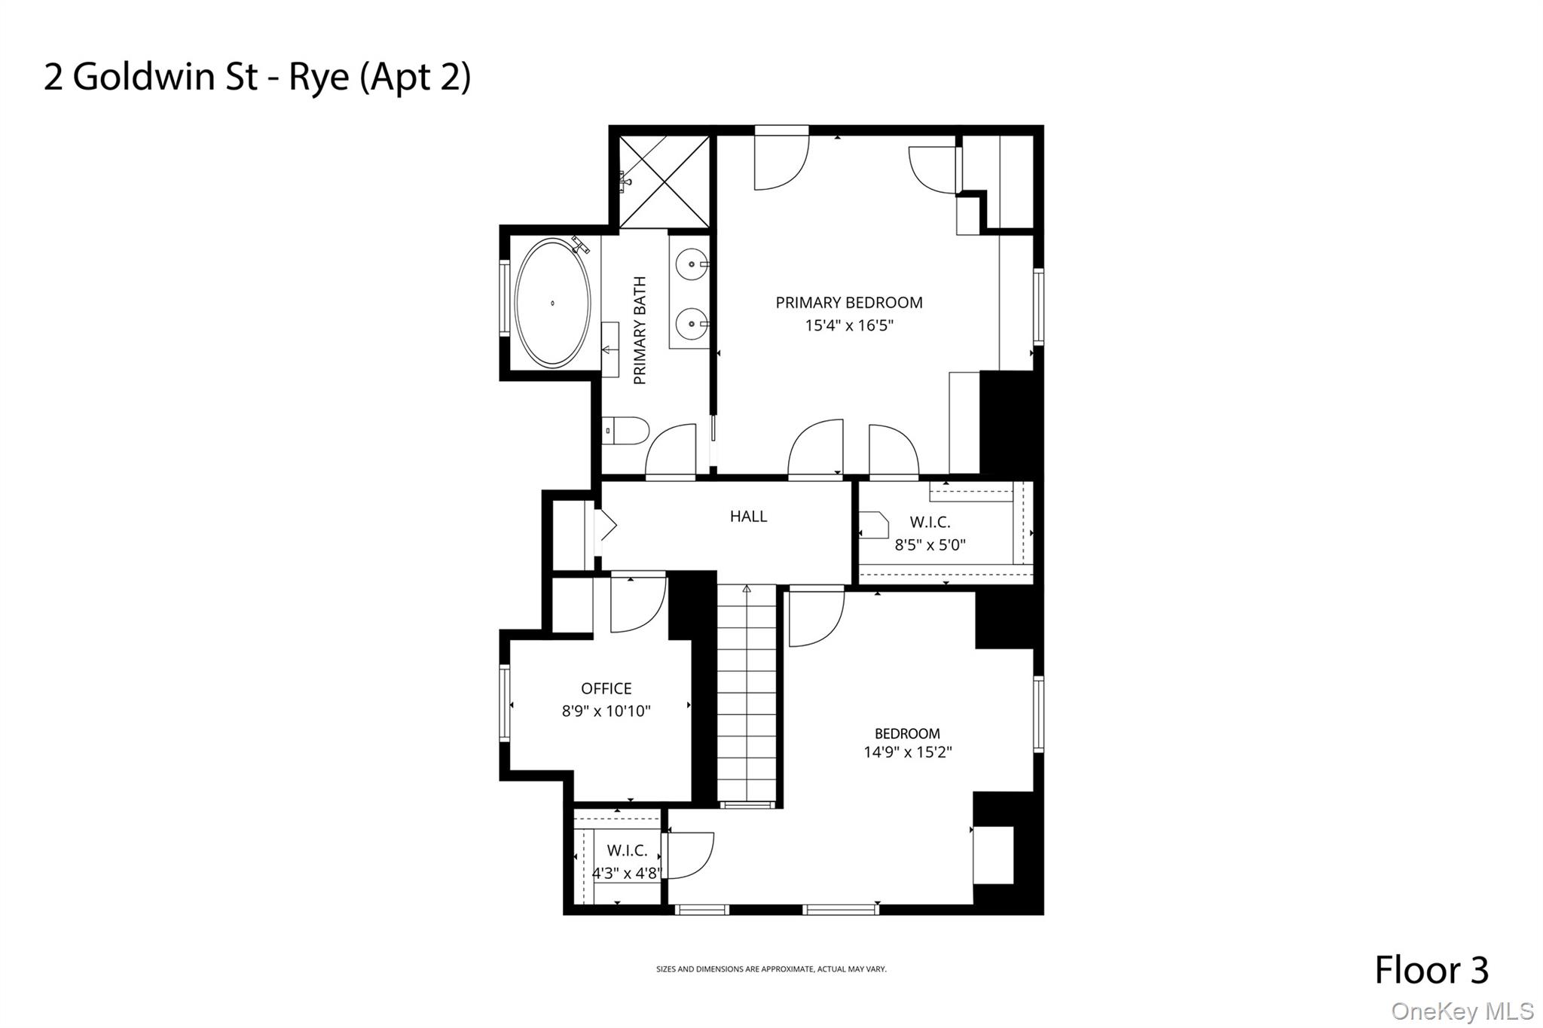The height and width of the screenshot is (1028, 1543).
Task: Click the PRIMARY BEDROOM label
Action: coord(848,303)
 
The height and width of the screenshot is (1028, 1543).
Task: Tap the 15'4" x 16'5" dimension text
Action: coord(848,325)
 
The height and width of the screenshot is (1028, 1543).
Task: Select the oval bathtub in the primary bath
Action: coord(552,303)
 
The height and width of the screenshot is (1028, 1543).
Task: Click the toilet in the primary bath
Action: coord(628,432)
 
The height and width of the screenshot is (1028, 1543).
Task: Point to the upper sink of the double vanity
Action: coord(691,265)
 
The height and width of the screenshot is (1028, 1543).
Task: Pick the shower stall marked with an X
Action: coord(664,182)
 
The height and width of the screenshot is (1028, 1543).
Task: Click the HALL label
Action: coord(748,517)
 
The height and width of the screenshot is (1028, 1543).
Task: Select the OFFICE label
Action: coord(606,688)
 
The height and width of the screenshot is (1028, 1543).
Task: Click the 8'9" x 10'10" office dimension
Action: coord(606,711)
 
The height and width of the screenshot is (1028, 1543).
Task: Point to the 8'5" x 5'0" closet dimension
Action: coord(930,545)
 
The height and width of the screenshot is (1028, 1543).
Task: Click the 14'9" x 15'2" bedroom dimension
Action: coord(907,752)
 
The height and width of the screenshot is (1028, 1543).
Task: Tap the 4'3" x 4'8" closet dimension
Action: coord(626,874)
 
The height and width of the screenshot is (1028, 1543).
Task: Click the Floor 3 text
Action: coord(1431,970)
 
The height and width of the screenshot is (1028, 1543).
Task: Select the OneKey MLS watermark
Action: coord(1462,1011)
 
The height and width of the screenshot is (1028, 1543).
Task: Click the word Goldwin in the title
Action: coord(143,78)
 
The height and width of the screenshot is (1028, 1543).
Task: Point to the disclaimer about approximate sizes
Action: coord(771,969)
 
